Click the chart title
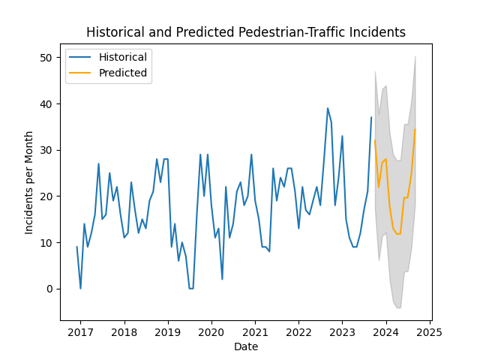pyautogui.click(x=246, y=32)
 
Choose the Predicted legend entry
pyautogui.click(x=123, y=73)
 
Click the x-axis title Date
pyautogui.click(x=245, y=346)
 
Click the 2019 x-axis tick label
pyautogui.click(x=167, y=332)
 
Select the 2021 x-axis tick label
pyautogui.click(x=255, y=332)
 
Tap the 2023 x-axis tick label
pyautogui.click(x=342, y=332)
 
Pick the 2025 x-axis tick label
pyautogui.click(x=430, y=332)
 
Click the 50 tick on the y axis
pyautogui.click(x=46, y=58)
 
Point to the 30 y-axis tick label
pyautogui.click(x=46, y=150)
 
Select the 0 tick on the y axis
pyautogui.click(x=49, y=289)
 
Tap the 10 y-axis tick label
pyautogui.click(x=46, y=243)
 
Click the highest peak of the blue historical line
pyautogui.click(x=328, y=108)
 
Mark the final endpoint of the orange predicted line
pyautogui.click(x=415, y=128)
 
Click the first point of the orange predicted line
pyautogui.click(x=375, y=140)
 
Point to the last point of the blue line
pyautogui.click(x=371, y=117)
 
